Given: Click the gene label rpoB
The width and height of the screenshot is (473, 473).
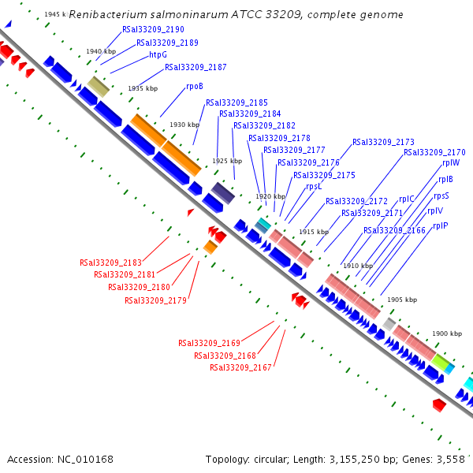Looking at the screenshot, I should tap(195, 86).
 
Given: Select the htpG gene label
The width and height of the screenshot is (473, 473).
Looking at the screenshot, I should tap(158, 55).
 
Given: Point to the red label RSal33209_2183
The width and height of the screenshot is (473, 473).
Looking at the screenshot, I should tap(110, 263).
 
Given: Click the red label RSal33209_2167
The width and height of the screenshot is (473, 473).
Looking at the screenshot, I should tap(240, 368).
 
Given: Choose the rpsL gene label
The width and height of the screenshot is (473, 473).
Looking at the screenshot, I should tap(314, 187).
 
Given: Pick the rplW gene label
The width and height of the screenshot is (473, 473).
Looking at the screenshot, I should tap(451, 163).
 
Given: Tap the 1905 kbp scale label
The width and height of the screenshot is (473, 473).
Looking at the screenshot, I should tap(402, 300).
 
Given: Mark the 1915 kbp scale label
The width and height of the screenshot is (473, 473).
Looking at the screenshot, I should tap(314, 232).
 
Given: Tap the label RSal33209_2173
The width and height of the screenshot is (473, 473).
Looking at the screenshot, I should tap(383, 142).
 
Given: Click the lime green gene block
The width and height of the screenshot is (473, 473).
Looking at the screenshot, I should tap(440, 362).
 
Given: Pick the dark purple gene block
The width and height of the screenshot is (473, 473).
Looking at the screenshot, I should tap(222, 192).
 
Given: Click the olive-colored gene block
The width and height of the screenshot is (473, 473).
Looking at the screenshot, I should tap(98, 86).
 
